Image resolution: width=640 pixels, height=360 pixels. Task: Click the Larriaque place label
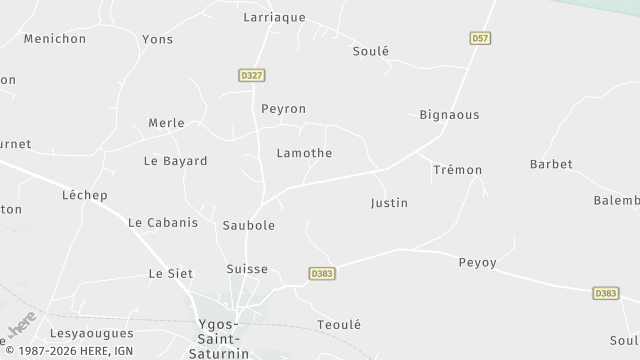(274, 17)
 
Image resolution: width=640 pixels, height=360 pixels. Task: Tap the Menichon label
(56, 39)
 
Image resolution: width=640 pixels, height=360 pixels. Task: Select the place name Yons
(157, 39)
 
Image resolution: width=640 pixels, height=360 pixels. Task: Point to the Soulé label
(370, 51)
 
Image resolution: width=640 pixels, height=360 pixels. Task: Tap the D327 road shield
(251, 74)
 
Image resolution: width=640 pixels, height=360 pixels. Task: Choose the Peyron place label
(283, 108)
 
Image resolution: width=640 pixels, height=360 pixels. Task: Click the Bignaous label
(449, 115)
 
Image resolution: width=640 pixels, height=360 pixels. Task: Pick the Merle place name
(166, 123)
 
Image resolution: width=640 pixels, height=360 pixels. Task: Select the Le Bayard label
(175, 161)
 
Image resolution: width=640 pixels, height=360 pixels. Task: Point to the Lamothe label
(304, 153)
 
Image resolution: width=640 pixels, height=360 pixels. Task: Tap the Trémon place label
(458, 170)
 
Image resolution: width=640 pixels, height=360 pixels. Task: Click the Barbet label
(551, 164)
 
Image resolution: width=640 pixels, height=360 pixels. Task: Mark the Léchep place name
(84, 195)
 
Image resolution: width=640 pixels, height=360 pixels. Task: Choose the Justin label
(389, 203)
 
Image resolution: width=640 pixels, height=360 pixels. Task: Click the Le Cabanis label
(163, 223)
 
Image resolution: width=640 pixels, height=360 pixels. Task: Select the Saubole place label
(249, 226)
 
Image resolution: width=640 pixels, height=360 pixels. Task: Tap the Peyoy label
(477, 263)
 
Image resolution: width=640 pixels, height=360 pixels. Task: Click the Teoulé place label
(338, 325)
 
